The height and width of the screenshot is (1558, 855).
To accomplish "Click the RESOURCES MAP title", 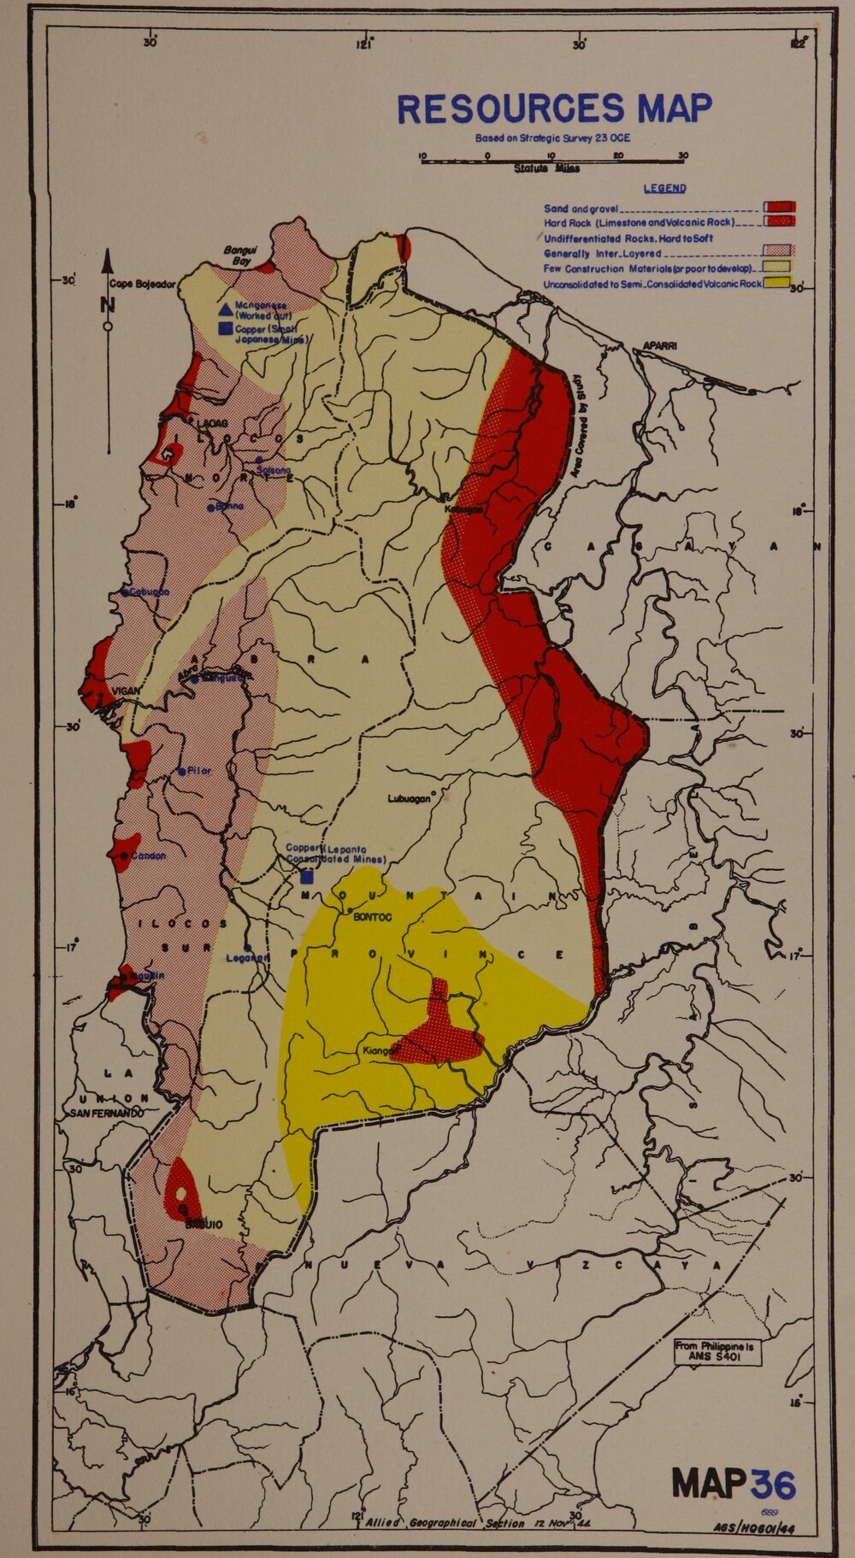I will pos(554,109).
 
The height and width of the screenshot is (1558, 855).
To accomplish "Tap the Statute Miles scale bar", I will pos(551,158).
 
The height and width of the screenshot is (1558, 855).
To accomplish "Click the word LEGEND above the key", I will pos(664,188).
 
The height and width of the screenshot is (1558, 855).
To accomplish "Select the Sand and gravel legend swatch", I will pos(780,207).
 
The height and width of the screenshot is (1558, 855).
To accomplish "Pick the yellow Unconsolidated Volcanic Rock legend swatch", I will pos(775,283).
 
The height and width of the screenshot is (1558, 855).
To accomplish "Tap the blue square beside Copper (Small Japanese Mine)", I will pos(225,329).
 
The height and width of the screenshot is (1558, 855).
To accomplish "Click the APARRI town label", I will pos(660,346).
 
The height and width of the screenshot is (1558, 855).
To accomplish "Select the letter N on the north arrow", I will pos(108,305).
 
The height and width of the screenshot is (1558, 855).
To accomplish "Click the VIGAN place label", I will pos(126,691).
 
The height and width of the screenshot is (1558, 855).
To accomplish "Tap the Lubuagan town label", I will pos(409,799).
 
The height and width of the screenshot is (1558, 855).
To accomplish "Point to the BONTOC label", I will pos(372,918).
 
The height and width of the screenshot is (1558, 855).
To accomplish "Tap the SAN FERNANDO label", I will pos(106,1114).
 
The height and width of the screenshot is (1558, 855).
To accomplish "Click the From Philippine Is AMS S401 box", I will pos(716,1351).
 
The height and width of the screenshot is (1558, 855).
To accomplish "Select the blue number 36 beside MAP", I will pos(773,1485).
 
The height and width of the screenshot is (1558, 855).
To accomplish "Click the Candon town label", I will pos(148,855).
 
